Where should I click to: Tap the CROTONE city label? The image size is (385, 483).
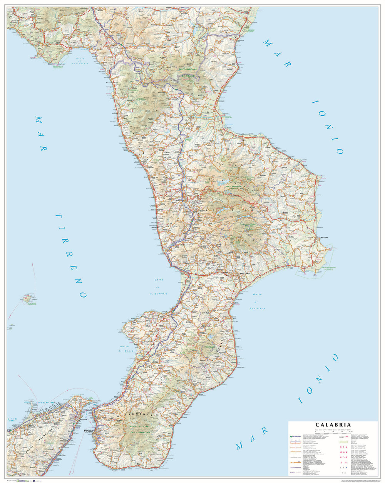[324, 238]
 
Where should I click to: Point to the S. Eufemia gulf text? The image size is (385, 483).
[159, 294]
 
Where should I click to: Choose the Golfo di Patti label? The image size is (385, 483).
[13, 420]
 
